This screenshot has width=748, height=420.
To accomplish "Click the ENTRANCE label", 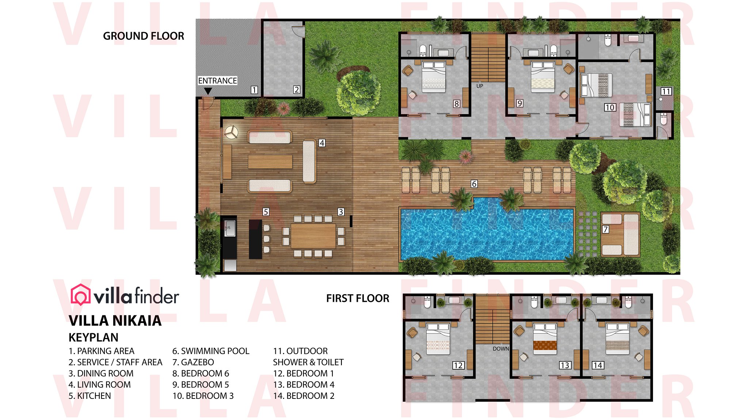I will coord(217,81).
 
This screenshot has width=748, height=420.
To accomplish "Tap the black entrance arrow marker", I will coord(208,91).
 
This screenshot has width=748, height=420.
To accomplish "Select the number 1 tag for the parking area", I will coord(254,90).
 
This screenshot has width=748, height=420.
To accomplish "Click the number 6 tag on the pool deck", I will coord(474,184).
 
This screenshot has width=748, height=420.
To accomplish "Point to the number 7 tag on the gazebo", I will coord(606,229).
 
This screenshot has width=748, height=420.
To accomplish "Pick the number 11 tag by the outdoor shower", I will coord(666,91).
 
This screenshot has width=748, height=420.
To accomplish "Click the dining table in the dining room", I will coord(313,236).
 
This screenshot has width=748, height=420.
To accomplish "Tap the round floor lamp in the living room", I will coord(231,132).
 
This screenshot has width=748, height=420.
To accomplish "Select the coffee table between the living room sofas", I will coord(270,162).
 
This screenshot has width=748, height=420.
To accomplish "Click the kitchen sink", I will coord(230,228).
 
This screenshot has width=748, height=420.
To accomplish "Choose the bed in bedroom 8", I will coord(434,77).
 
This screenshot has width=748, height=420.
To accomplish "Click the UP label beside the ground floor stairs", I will coord(480,86).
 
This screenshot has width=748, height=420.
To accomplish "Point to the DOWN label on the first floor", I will coord(501,349).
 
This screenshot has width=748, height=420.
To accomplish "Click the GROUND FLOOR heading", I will coord(144,36).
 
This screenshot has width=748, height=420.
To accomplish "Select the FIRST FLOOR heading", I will coord(358,298).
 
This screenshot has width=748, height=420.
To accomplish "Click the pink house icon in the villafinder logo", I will coord(80,295).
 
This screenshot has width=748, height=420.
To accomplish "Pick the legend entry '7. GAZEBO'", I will coord(193,362).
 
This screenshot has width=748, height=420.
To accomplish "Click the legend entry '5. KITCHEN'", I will coord(89,396).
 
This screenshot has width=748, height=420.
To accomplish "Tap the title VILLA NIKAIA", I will coord(115,320).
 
